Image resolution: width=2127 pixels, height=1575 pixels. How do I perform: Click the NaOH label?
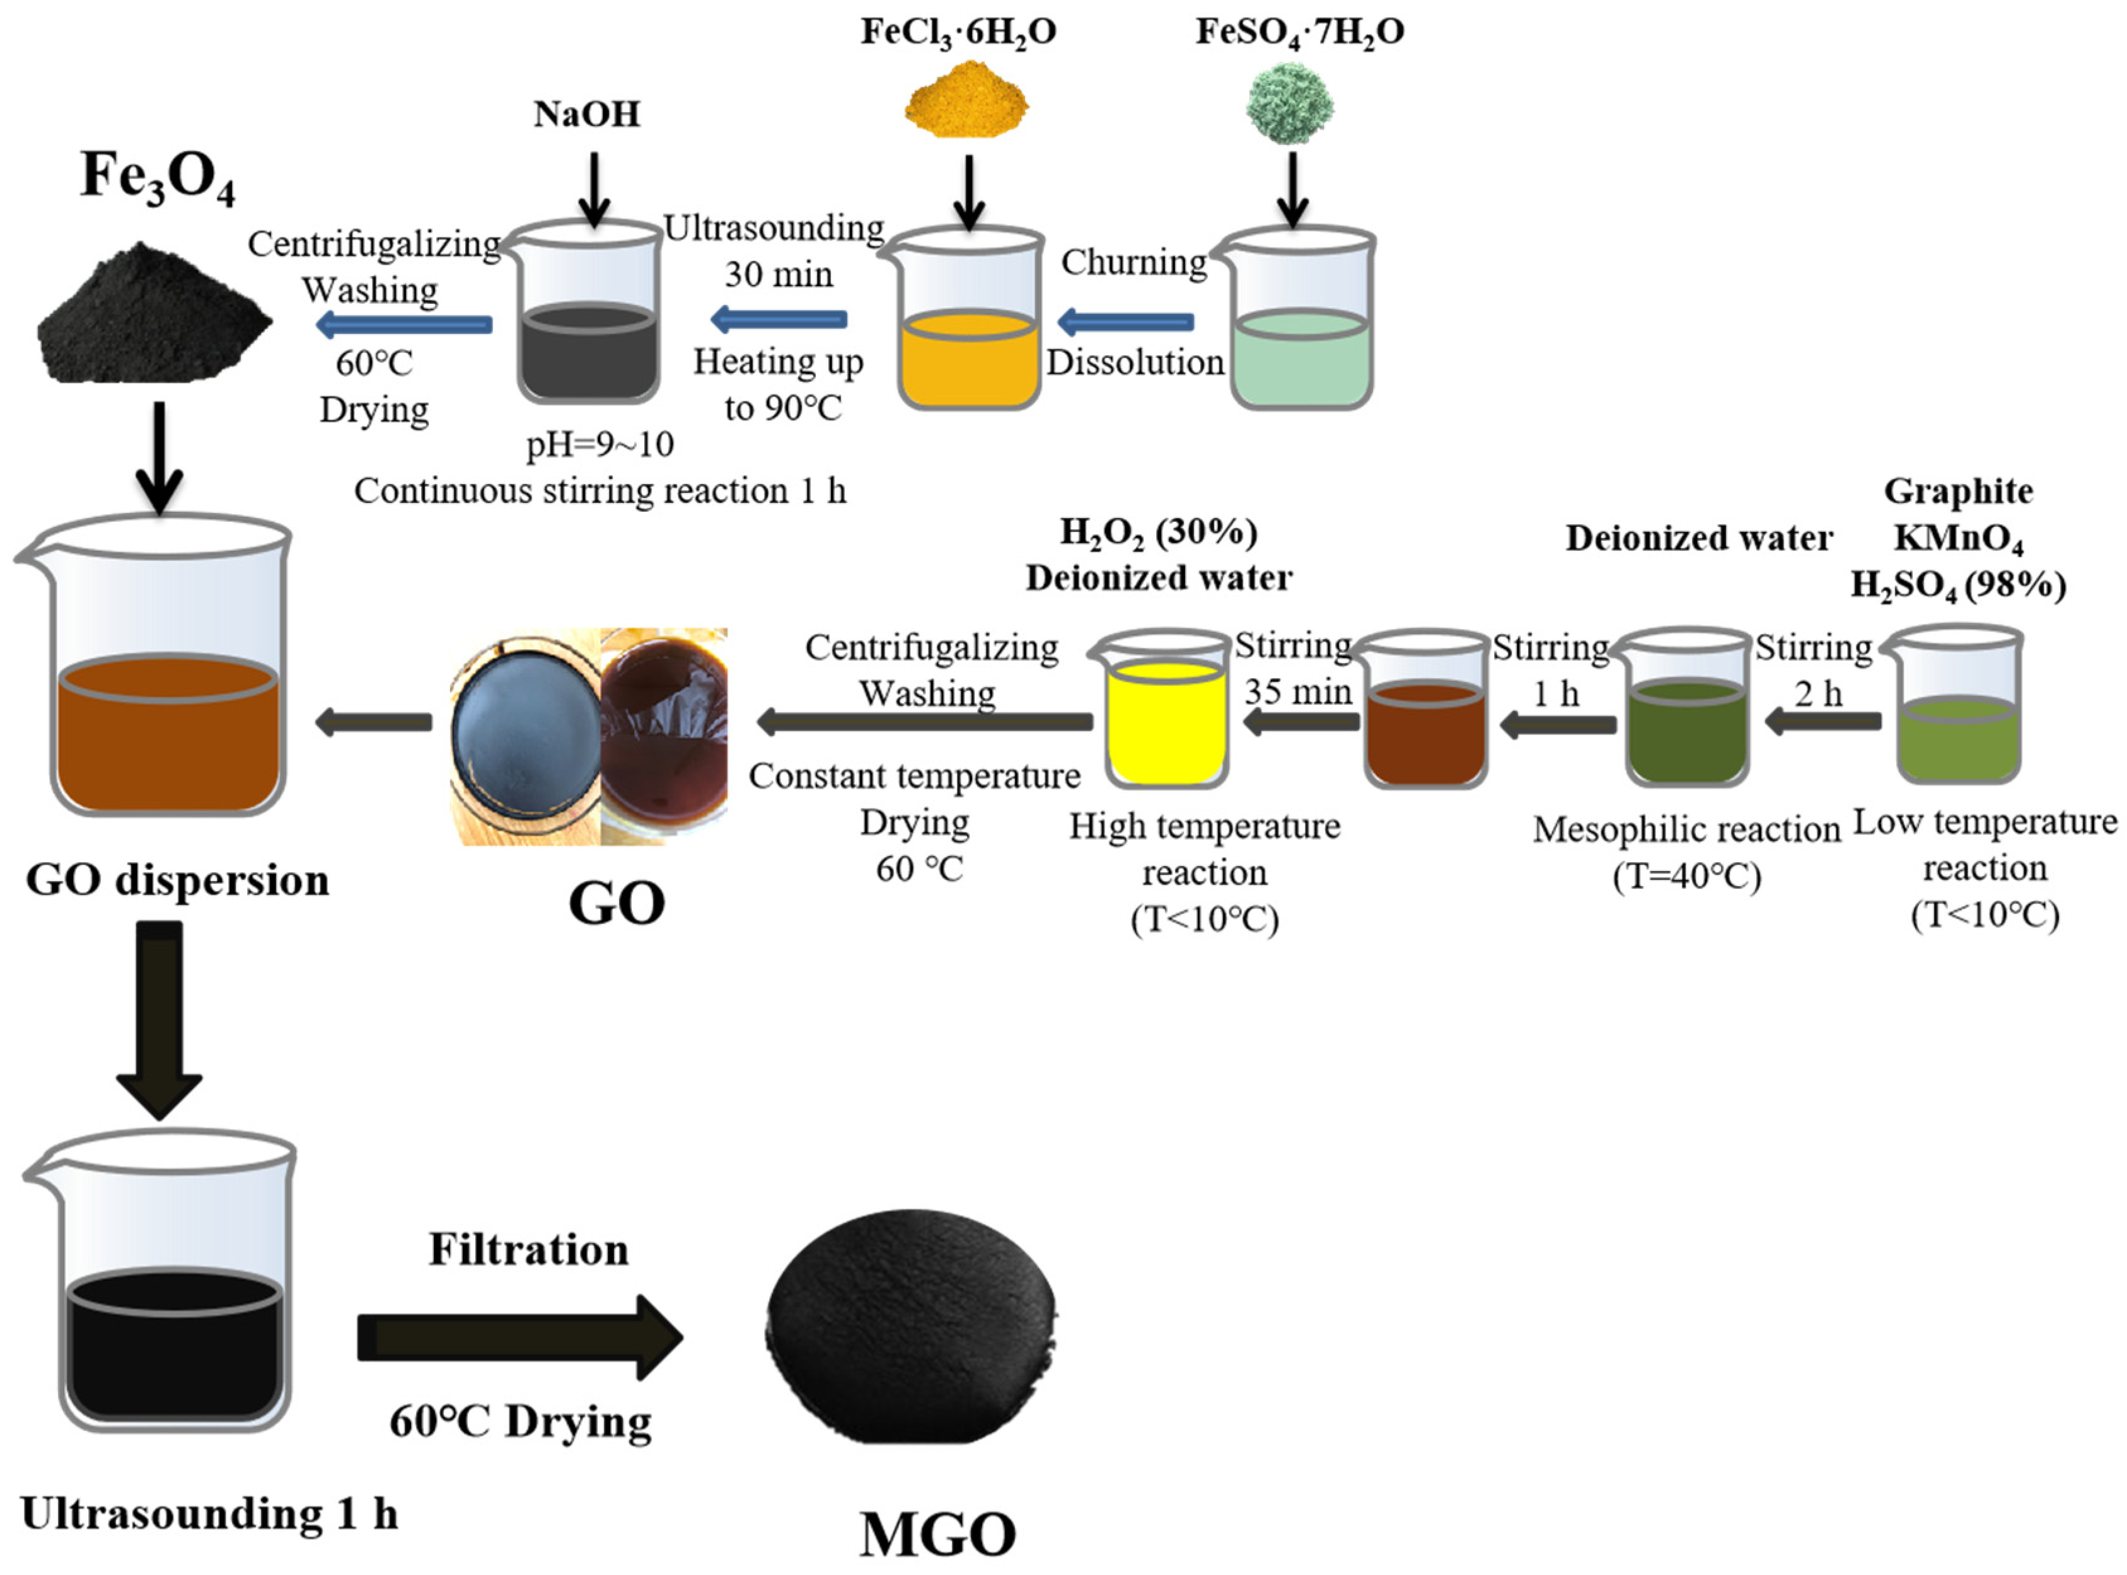pyautogui.click(x=586, y=115)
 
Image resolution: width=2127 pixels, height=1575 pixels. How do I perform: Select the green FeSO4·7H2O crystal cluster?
pyautogui.click(x=1289, y=103)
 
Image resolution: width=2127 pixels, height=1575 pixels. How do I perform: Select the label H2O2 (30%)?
pyautogui.click(x=1158, y=532)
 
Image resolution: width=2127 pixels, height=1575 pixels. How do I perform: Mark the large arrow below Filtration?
pyautogui.click(x=519, y=1337)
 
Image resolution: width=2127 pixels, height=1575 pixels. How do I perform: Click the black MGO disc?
pyautogui.click(x=910, y=1325)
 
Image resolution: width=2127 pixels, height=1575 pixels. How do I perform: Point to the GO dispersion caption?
pyautogui.click(x=177, y=880)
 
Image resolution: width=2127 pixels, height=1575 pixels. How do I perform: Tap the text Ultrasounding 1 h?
pyautogui.click(x=209, y=1513)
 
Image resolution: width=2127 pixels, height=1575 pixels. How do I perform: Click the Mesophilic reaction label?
pyautogui.click(x=1686, y=829)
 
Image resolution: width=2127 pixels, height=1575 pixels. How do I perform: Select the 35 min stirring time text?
pyautogui.click(x=1297, y=691)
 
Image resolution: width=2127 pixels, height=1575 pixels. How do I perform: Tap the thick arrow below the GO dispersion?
pyautogui.click(x=159, y=1020)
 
